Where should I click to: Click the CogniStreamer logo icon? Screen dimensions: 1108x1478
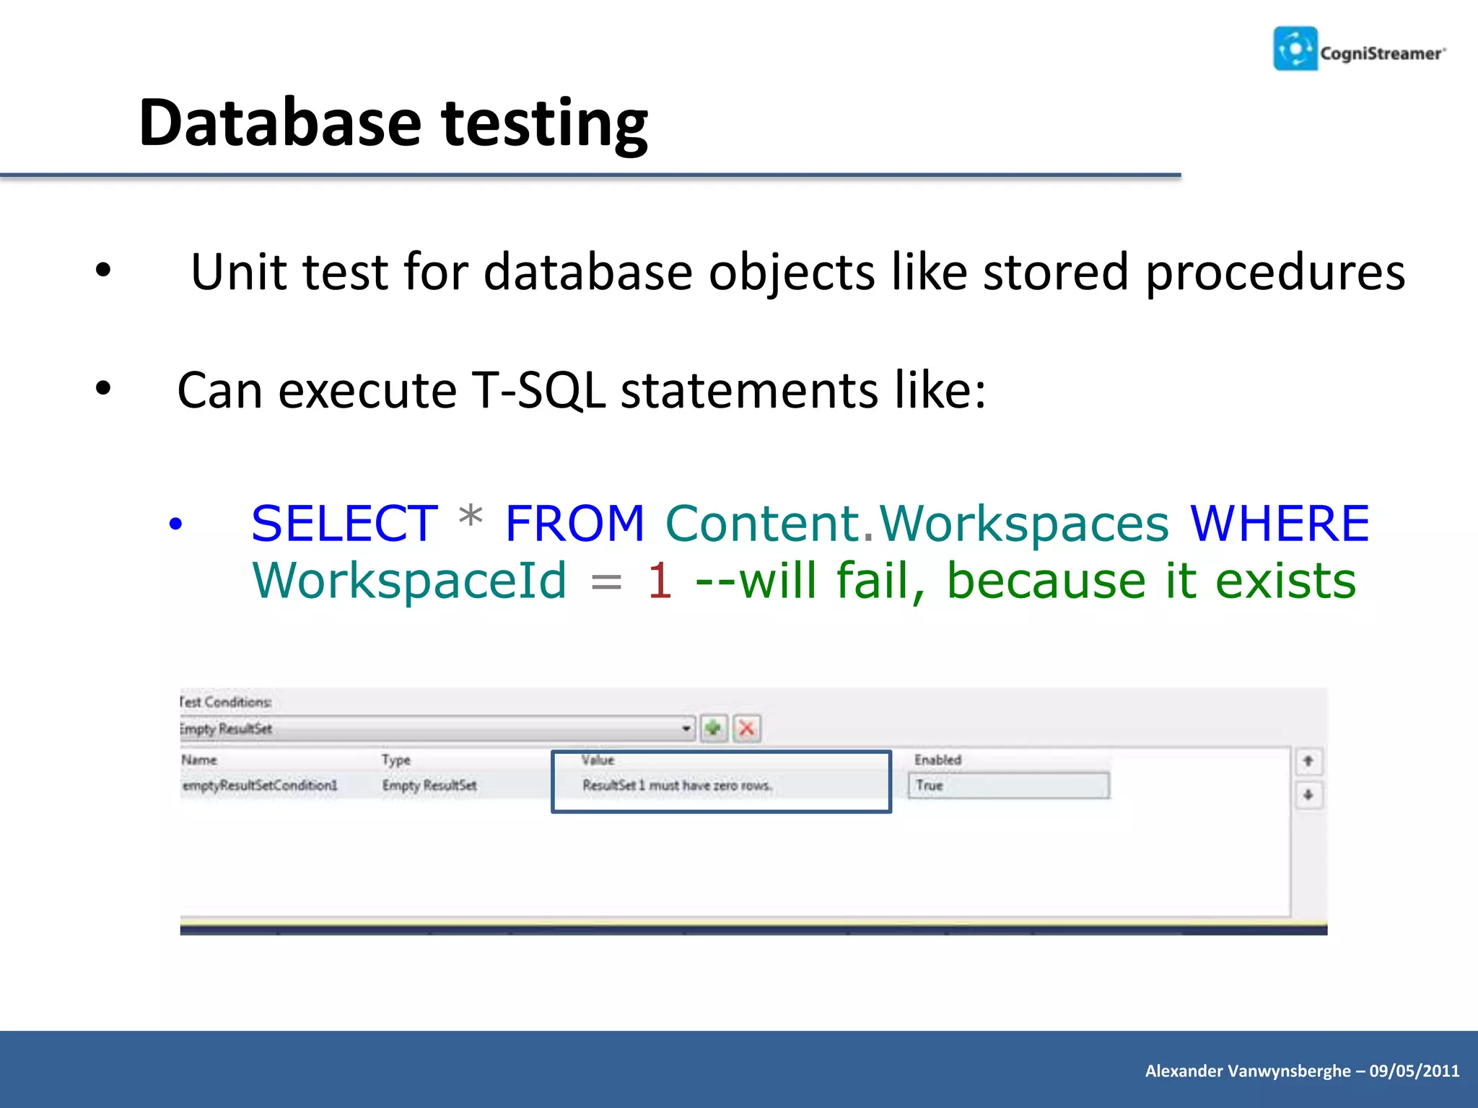pos(1295,49)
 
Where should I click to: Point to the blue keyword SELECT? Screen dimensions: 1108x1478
pos(344,523)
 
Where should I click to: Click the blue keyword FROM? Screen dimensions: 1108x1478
pos(574,523)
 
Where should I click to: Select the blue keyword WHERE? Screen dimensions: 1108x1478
pos(1279,523)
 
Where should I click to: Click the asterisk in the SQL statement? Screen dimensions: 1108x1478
pos(471,518)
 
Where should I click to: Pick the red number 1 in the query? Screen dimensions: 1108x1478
pos(660,581)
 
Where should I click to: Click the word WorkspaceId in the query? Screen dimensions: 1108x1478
pos(409,581)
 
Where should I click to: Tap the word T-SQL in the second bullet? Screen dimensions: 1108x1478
pos(538,390)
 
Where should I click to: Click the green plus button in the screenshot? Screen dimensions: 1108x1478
pos(713,728)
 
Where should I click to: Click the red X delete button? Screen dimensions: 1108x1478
pos(747,728)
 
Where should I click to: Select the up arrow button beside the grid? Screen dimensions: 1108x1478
pos(1308,761)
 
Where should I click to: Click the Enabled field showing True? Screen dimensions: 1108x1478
pos(1008,786)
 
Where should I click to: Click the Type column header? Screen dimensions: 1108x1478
pos(395,760)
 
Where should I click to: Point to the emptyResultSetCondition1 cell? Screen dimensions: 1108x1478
pos(260,786)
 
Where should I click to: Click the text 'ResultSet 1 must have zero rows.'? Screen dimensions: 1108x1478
pos(677,786)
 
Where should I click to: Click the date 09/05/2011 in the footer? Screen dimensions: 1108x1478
pos(1414,1070)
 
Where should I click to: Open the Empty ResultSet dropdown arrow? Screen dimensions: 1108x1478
pos(686,729)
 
